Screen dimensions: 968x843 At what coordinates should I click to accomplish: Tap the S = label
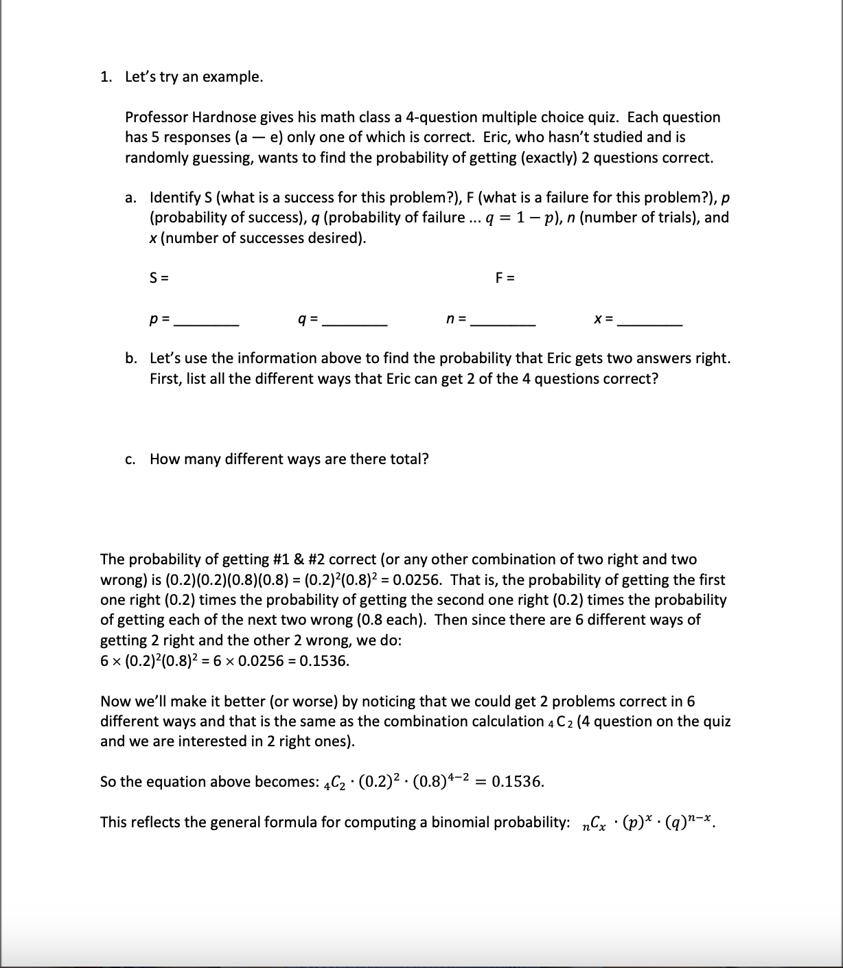click(159, 278)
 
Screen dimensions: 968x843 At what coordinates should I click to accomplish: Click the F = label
click(505, 278)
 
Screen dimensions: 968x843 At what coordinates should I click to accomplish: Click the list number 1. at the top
click(106, 77)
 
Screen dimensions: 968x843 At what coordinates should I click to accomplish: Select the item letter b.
click(130, 358)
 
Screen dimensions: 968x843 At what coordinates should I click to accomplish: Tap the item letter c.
click(130, 459)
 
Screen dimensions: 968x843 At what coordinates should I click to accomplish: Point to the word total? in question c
click(409, 459)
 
